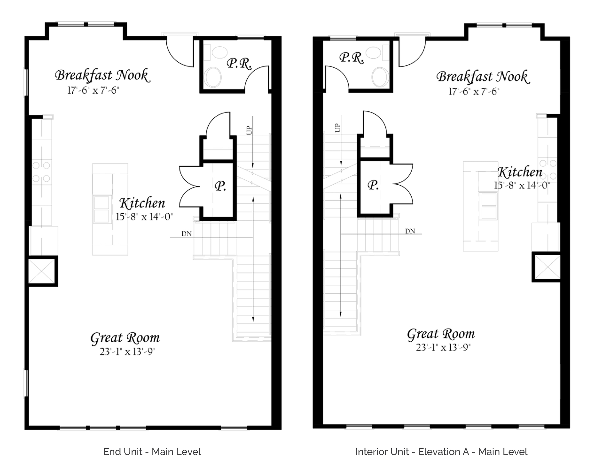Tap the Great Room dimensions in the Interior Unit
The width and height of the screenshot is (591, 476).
click(443, 347)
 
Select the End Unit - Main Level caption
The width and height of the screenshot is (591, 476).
click(152, 452)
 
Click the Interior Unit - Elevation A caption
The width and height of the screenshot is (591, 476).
click(441, 452)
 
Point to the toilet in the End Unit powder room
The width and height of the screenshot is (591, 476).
click(213, 77)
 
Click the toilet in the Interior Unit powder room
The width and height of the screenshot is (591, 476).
click(380, 77)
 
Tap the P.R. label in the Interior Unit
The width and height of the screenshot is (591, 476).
click(351, 58)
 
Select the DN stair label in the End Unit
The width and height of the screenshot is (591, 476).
click(186, 234)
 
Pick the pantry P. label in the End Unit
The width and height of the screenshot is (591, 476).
click(220, 186)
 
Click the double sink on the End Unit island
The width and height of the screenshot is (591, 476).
click(102, 209)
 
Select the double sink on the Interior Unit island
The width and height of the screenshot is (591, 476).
click(489, 206)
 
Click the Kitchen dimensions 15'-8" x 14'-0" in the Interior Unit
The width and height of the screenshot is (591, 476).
click(522, 186)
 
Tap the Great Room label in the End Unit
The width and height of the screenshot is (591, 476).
click(125, 338)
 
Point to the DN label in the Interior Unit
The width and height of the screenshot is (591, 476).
click(410, 231)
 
